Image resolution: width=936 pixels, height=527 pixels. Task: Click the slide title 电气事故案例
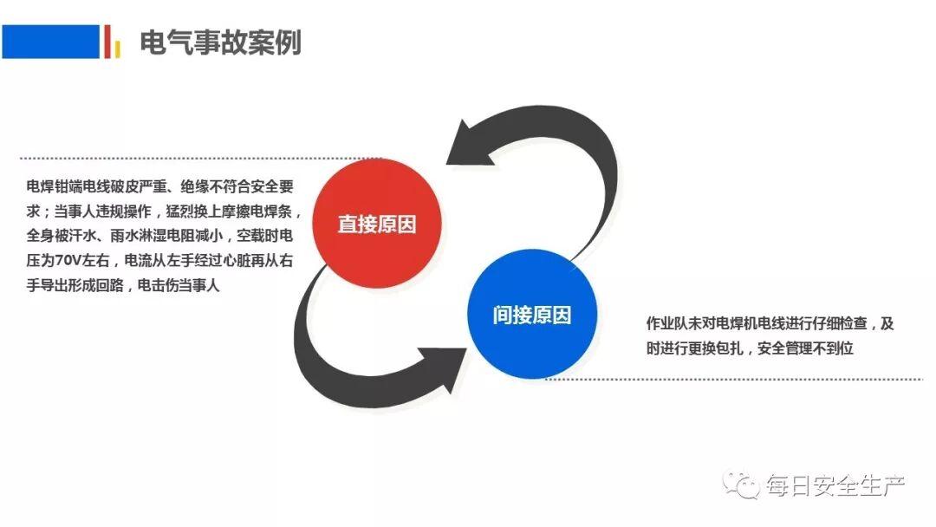220,42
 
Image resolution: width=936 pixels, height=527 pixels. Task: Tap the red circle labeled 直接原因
377,224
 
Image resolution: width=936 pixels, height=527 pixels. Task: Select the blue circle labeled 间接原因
532,315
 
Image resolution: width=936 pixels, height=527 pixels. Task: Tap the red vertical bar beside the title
107,41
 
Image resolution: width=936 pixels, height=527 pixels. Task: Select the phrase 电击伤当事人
179,284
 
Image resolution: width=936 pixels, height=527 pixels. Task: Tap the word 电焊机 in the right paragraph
735,324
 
